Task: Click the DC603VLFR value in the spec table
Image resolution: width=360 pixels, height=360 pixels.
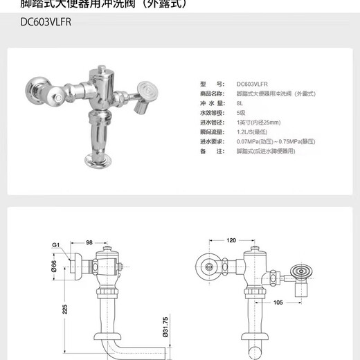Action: [x=253, y=82]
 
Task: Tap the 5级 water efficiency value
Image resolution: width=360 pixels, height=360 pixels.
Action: [x=241, y=112]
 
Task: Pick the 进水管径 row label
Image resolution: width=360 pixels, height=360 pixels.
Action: [x=212, y=121]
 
